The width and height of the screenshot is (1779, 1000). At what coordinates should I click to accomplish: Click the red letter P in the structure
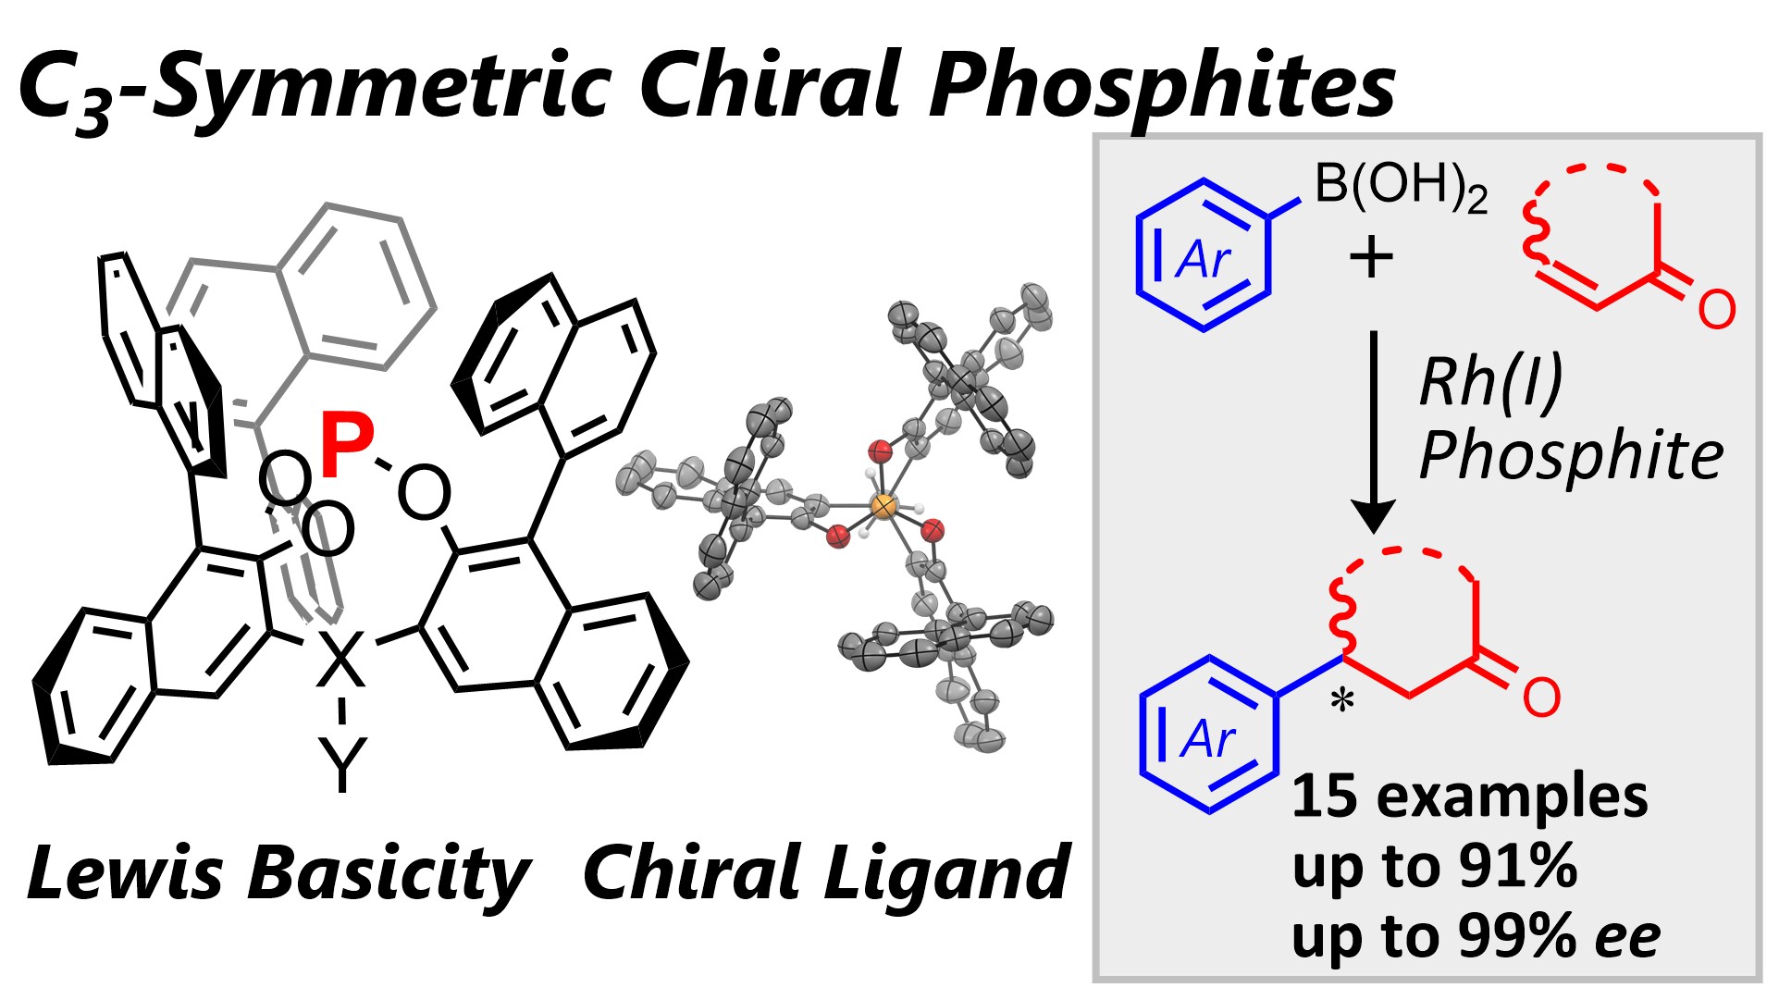[347, 447]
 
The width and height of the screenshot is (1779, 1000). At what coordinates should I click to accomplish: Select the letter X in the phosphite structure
[341, 657]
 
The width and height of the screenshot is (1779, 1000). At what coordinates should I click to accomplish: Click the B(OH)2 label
[1400, 185]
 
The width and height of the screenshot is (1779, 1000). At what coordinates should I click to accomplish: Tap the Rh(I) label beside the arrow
[1490, 381]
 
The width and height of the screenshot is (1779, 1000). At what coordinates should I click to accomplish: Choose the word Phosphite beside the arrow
[1571, 455]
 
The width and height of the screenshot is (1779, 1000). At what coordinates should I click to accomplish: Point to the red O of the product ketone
[1541, 698]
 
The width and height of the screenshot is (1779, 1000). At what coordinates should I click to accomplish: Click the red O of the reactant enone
[1716, 310]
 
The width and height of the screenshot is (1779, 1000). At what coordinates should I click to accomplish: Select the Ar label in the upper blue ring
[1203, 260]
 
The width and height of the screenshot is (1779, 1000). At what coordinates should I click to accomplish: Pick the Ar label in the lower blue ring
[1207, 740]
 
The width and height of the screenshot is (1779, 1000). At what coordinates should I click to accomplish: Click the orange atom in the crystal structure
[884, 506]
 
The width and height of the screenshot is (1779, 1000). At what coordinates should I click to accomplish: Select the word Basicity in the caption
[389, 873]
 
